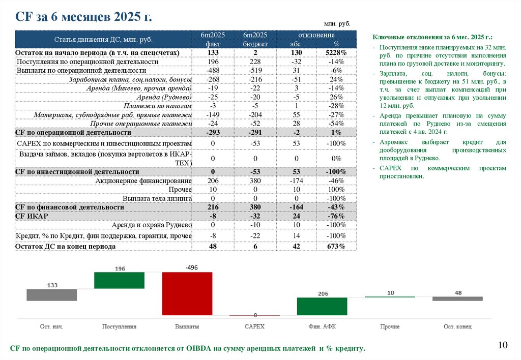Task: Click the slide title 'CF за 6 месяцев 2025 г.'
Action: coord(84,16)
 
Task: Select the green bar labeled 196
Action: coord(120,280)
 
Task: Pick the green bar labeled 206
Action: coord(322,306)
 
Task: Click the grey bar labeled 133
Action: coord(52,295)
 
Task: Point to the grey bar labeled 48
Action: coord(457,298)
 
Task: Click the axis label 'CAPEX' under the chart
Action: coord(254,326)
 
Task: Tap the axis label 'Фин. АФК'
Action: coord(322,326)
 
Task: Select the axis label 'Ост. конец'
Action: coord(457,326)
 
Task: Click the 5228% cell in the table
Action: coord(336,53)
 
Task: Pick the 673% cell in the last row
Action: coord(336,246)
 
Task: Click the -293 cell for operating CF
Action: coord(213,132)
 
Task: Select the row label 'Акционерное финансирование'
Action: coord(143,181)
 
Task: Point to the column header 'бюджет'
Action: coord(255,44)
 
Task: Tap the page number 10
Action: coord(503,345)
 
